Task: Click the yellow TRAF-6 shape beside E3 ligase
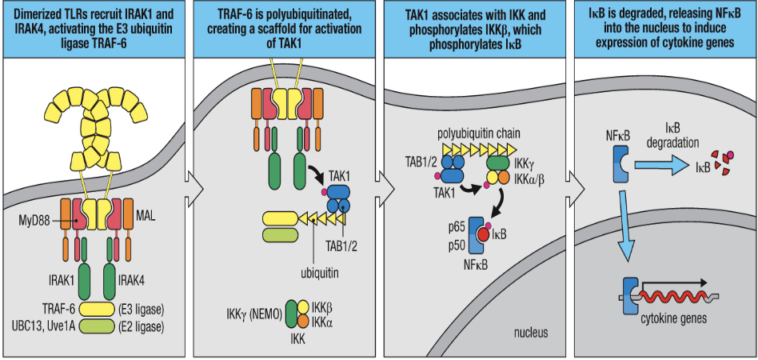click(x=95, y=306)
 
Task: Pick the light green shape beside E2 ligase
click(x=95, y=326)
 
